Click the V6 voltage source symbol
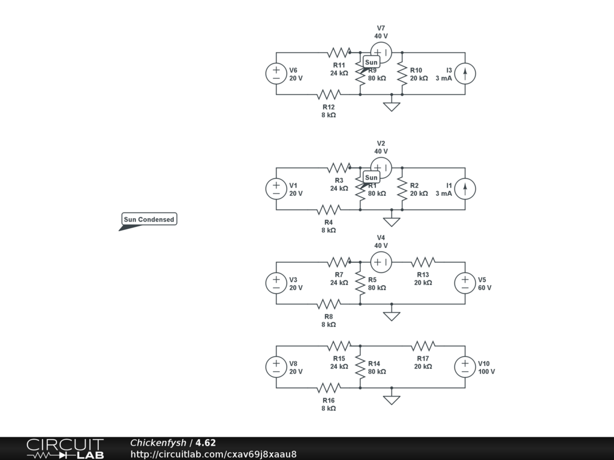pos(276,74)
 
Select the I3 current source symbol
pos(465,74)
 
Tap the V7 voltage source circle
pos(381,53)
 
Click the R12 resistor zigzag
pos(329,94)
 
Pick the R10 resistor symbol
pos(402,74)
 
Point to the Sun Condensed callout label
pos(149,219)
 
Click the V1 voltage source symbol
pos(276,189)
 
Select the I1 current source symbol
pos(465,189)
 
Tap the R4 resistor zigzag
pos(329,210)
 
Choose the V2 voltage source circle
pos(381,168)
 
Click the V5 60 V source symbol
pos(465,283)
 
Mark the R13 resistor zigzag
pos(423,262)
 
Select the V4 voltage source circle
pos(381,262)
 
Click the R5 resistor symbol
pos(360,283)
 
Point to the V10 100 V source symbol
pos(465,367)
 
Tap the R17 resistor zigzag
pos(423,346)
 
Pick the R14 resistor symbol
pos(360,367)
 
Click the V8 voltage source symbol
pos(276,367)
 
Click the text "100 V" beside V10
pos(486,371)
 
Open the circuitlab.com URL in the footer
pos(213,454)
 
